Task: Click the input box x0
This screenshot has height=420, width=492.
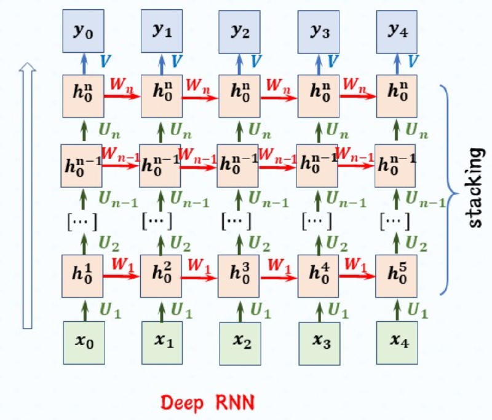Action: (83, 340)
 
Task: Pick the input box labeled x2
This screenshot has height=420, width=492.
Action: (239, 340)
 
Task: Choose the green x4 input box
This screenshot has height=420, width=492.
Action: (397, 340)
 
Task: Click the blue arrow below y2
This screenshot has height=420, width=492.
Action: (240, 62)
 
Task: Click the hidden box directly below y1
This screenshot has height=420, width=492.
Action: (162, 95)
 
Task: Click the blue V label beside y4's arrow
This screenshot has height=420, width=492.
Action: (413, 61)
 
